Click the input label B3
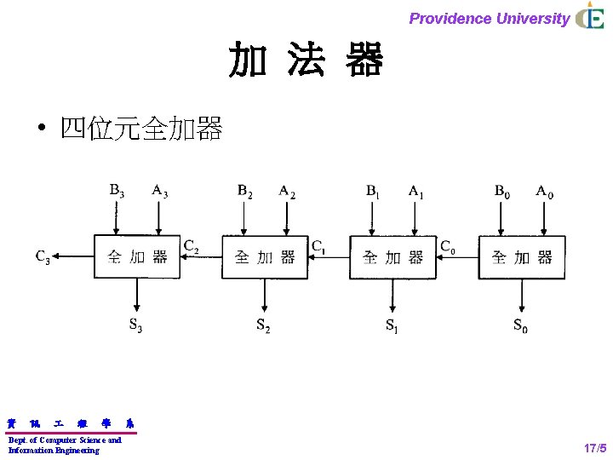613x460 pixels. coord(117,190)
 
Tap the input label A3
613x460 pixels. coord(159,190)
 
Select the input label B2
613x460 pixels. coord(245,190)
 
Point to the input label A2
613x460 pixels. coord(287,190)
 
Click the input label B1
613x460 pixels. coord(373,192)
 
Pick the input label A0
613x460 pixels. coord(544,191)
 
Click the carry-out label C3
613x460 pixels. coord(42,256)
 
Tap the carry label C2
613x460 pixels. coord(192,246)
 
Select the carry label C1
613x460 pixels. coord(318,247)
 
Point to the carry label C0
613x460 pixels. coord(448,246)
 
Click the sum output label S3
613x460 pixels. coord(136,325)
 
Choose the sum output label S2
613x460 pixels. coord(264,325)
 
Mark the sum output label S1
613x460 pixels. coord(392,325)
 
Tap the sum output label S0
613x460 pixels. coord(520,325)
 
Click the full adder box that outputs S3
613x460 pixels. coord(136,256)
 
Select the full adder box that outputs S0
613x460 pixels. coord(521,256)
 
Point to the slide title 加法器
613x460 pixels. coord(306,60)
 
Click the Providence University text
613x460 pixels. coord(489,18)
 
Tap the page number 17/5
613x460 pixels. coord(594,447)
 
